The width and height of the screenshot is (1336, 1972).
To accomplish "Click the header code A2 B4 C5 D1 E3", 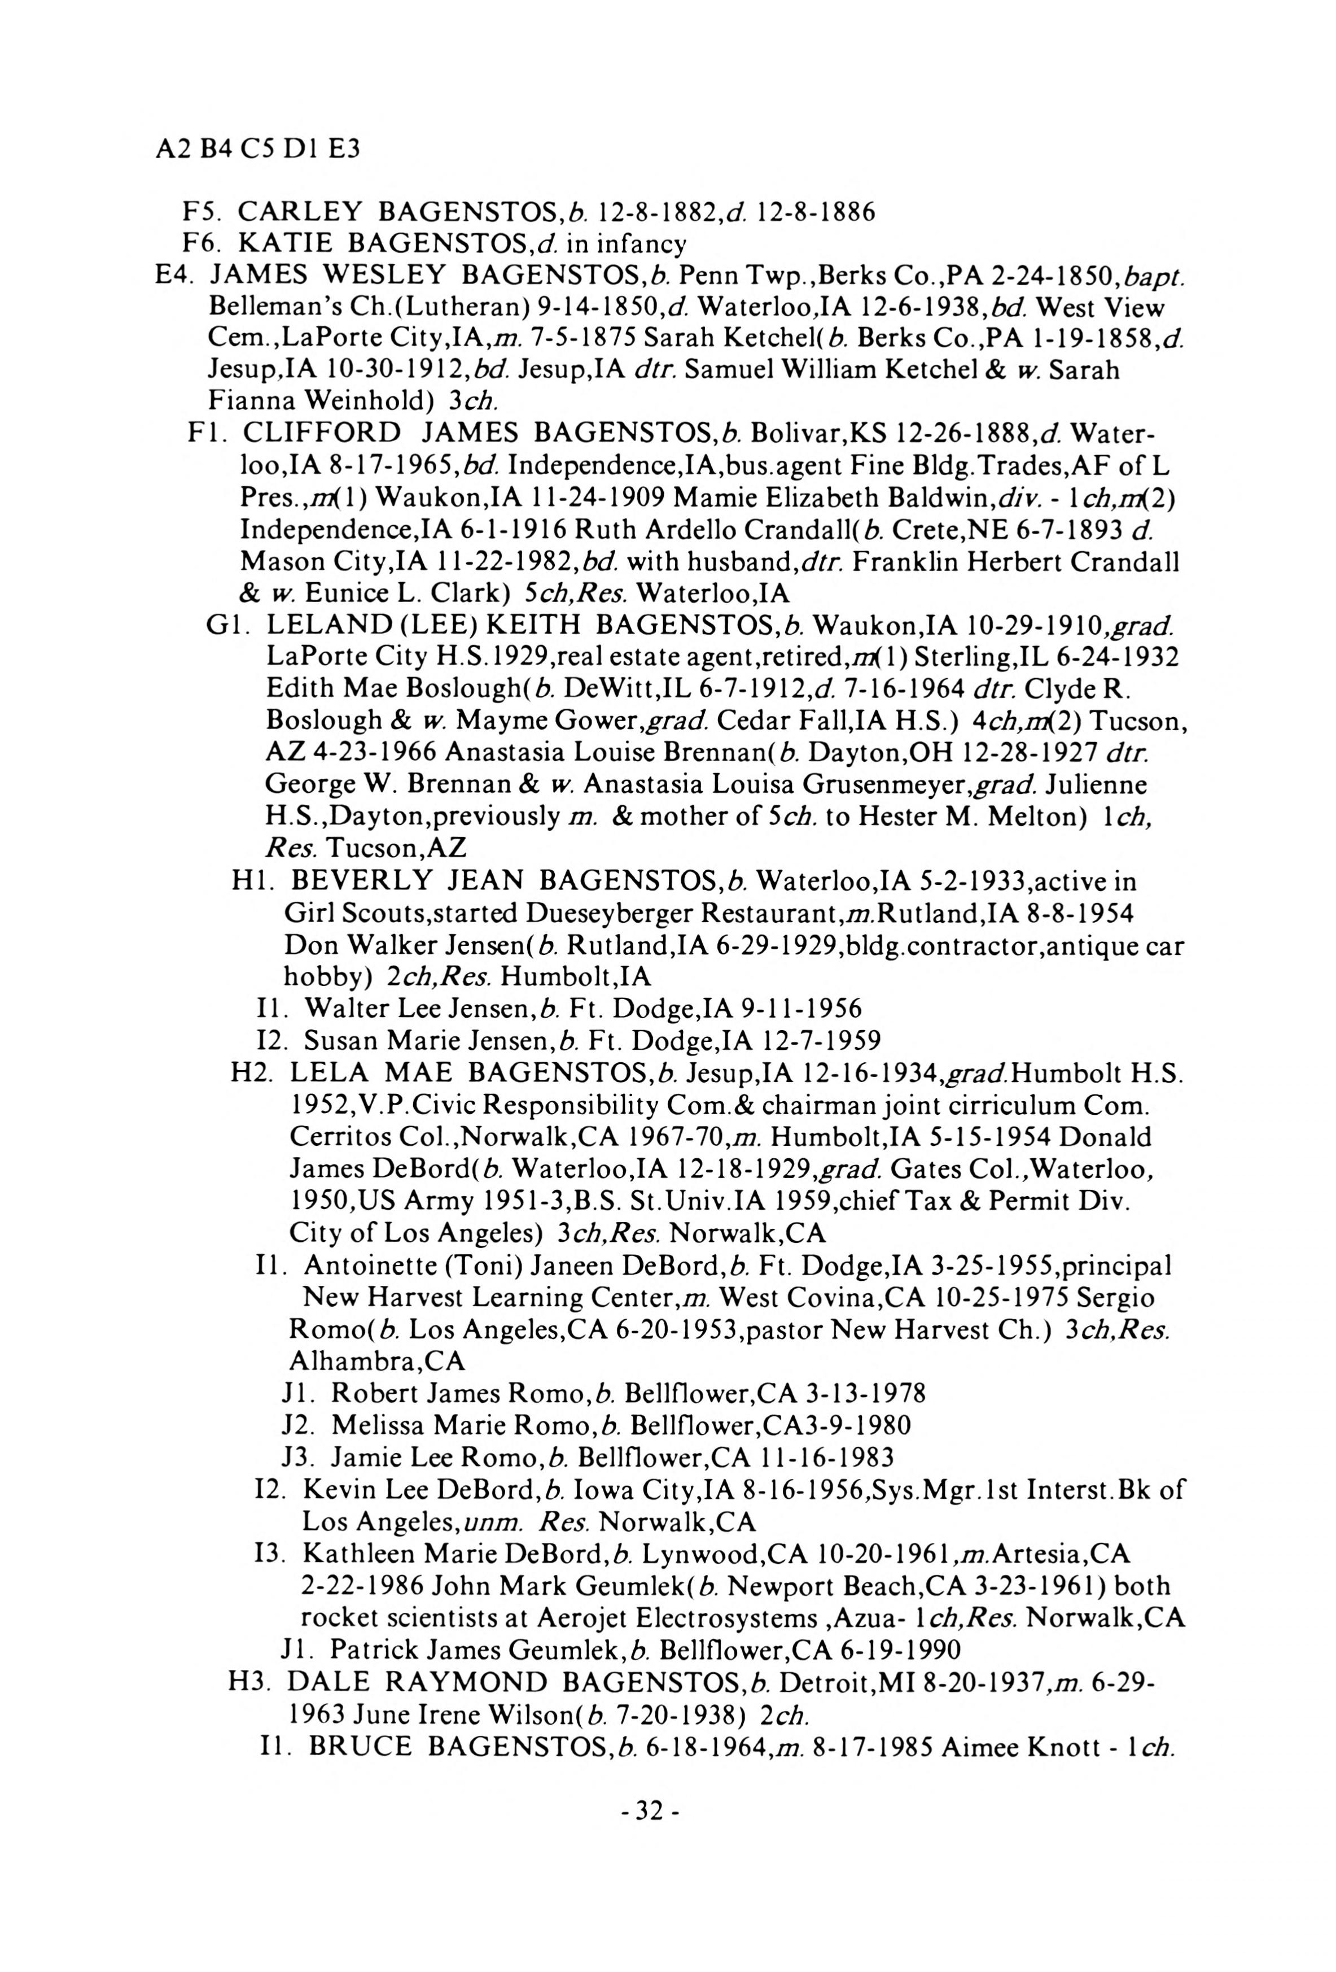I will coord(258,149).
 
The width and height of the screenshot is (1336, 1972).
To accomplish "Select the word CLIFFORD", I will coord(322,434).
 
